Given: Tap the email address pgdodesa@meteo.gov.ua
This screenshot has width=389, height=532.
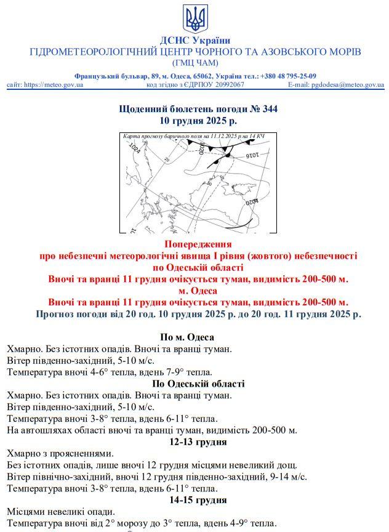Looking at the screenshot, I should (347, 85).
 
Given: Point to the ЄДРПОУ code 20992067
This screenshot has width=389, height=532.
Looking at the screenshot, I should (222, 85).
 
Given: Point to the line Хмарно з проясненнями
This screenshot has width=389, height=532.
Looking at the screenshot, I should (60, 453).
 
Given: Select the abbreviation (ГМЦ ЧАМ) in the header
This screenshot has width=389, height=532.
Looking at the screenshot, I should (195, 62).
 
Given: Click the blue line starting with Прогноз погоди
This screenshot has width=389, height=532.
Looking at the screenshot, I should (198, 314).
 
